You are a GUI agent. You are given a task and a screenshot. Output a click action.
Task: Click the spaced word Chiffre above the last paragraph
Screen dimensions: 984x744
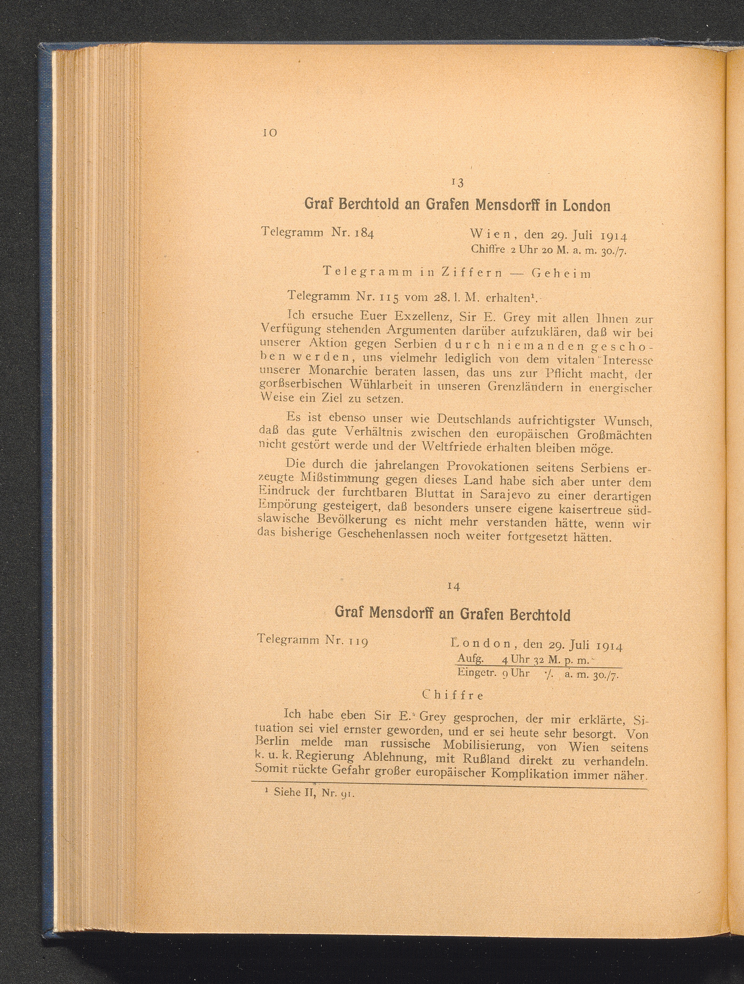(452, 695)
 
